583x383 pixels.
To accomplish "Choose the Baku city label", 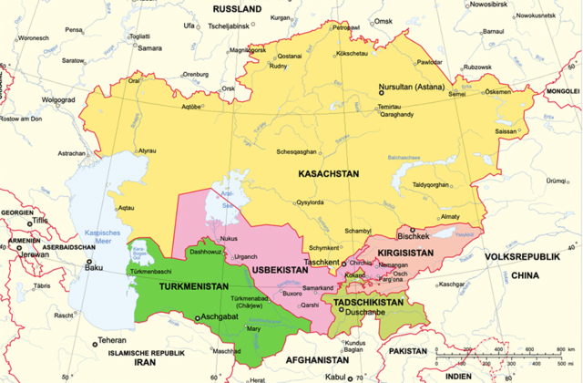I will coord(94,268).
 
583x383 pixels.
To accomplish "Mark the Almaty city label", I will coord(451,216).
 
